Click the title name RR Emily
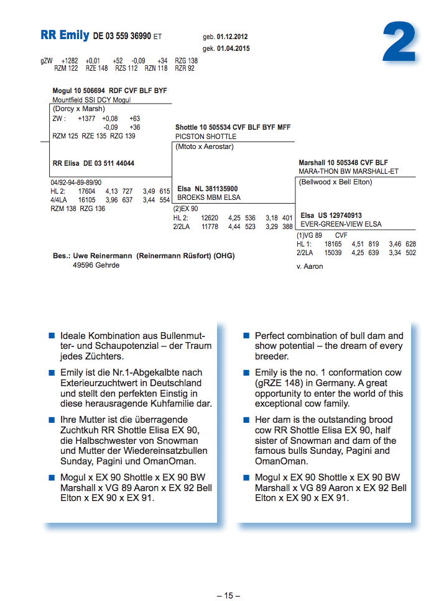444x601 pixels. (65, 35)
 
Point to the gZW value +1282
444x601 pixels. (70, 61)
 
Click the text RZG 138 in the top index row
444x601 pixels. (186, 61)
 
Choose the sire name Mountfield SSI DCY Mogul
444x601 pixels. (91, 100)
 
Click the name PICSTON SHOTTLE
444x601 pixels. (206, 137)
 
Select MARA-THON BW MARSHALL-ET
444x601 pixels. (348, 171)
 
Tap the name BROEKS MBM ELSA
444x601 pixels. (209, 197)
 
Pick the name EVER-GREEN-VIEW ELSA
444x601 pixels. (341, 224)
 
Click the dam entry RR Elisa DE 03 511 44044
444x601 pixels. (93, 164)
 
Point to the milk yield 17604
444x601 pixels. (86, 192)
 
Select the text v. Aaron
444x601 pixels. (310, 266)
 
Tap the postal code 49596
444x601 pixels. (83, 265)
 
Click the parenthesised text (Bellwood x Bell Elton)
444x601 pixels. (335, 183)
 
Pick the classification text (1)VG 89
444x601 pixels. (309, 236)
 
